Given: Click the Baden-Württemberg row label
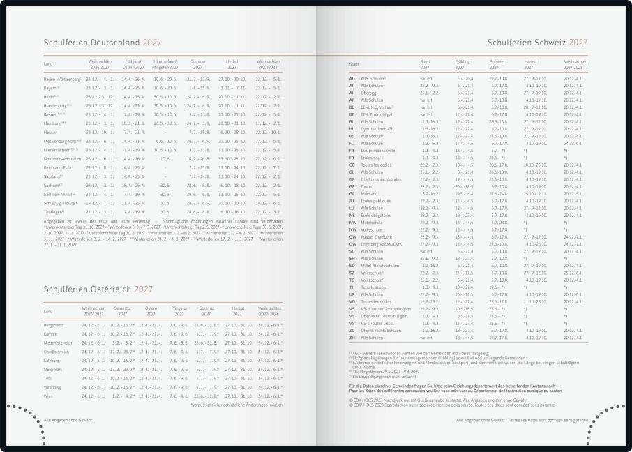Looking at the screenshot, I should point(61,80).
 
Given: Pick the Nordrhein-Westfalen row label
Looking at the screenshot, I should point(62,158).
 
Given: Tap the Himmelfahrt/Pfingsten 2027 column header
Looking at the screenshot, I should point(165,65).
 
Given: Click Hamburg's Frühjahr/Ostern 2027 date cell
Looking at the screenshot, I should point(133,123).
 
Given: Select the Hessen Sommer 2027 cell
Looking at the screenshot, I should point(199,132).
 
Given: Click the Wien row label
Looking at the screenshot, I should point(48,395).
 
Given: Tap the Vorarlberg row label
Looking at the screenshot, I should point(52,386).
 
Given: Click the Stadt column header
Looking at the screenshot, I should point(354,63).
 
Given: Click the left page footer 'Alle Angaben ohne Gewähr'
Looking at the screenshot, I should point(68,421).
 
